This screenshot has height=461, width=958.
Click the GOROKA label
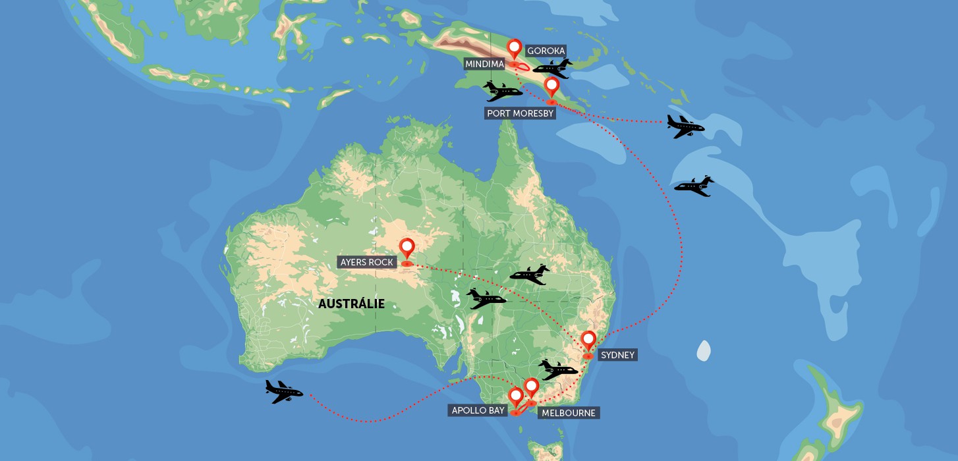click(546, 51)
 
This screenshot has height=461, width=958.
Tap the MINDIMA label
click(485, 64)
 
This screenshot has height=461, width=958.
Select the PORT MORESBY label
click(521, 113)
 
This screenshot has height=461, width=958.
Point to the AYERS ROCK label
click(367, 262)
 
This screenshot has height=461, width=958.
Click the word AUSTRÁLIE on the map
click(351, 304)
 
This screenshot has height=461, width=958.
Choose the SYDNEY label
click(617, 355)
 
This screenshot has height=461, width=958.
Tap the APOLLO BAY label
click(478, 410)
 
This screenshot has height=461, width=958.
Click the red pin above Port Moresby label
click(551, 87)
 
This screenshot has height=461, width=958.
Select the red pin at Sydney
click(588, 340)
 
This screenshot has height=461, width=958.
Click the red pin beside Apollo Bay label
click(515, 397)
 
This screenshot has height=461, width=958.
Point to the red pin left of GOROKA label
click(514, 49)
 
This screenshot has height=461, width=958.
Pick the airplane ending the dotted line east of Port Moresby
click(685, 126)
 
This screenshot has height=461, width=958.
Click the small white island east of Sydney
click(704, 351)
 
